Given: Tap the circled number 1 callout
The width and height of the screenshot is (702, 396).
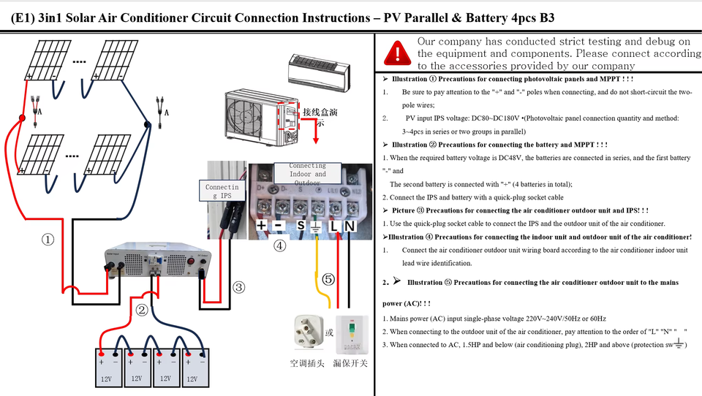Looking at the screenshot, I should [x=48, y=239].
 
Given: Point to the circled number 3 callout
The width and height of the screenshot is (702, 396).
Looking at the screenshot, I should [x=238, y=287].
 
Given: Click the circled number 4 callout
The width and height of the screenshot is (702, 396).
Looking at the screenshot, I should [x=279, y=245].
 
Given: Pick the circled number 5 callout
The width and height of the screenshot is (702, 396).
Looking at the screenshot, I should [x=328, y=279].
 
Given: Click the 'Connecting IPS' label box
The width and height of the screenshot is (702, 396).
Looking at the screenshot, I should [x=222, y=192].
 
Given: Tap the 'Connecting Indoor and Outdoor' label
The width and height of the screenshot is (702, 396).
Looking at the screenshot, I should [x=307, y=174].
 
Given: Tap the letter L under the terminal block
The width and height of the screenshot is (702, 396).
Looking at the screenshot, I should [x=334, y=226].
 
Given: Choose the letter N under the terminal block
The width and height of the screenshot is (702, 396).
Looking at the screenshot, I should [x=350, y=226].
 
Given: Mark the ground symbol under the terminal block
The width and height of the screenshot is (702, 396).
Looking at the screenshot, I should [x=317, y=226].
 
